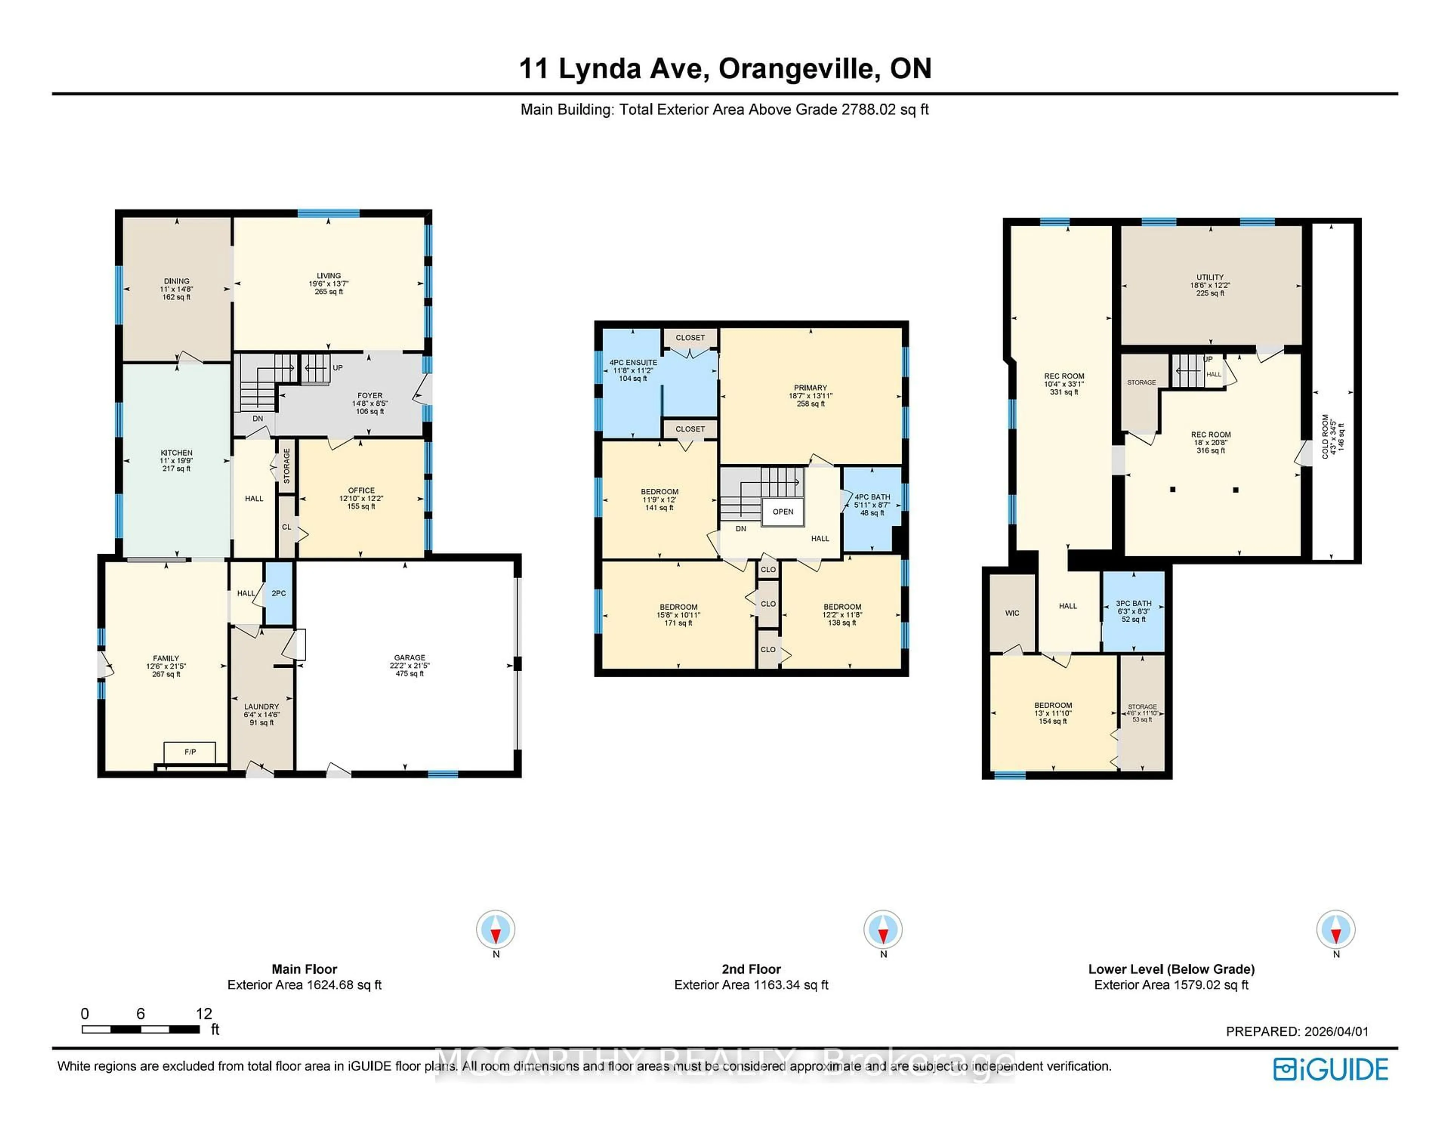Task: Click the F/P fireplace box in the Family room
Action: pyautogui.click(x=190, y=752)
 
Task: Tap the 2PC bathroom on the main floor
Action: pyautogui.click(x=279, y=593)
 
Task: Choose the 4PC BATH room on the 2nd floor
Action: pyautogui.click(x=872, y=505)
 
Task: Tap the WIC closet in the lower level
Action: pyautogui.click(x=1012, y=613)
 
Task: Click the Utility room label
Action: pyautogui.click(x=1210, y=278)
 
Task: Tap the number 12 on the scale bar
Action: pyautogui.click(x=204, y=1013)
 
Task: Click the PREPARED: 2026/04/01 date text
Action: pyautogui.click(x=1297, y=1031)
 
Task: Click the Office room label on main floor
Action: pyautogui.click(x=361, y=490)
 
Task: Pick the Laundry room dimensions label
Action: pyautogui.click(x=262, y=715)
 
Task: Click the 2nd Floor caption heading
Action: pyautogui.click(x=751, y=969)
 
